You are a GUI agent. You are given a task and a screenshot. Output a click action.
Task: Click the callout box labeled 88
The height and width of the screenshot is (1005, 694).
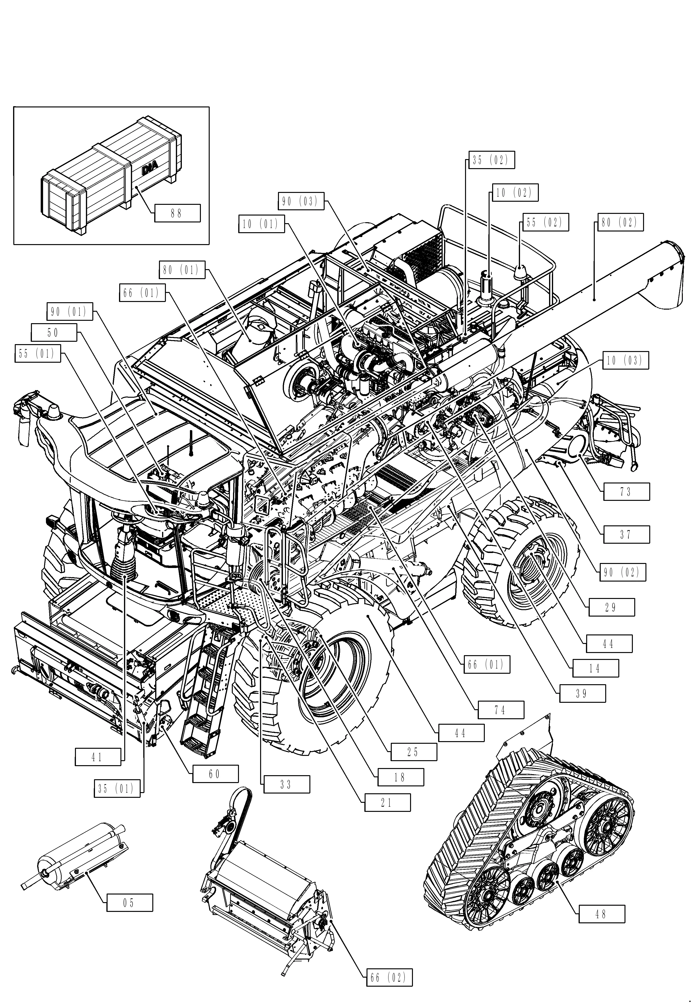[177, 213]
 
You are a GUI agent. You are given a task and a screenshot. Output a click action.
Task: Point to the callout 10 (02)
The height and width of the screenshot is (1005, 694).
[515, 193]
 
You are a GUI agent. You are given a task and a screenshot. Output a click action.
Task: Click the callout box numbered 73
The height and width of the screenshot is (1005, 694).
[626, 492]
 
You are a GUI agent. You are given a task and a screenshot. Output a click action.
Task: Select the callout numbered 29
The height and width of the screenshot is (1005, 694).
[611, 607]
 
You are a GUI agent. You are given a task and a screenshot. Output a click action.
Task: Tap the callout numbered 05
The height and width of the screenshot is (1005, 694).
[129, 903]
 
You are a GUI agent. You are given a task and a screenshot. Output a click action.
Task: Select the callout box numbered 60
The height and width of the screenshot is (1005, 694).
[215, 774]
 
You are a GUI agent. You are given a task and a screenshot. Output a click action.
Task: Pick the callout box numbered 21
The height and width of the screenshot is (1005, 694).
[387, 803]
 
